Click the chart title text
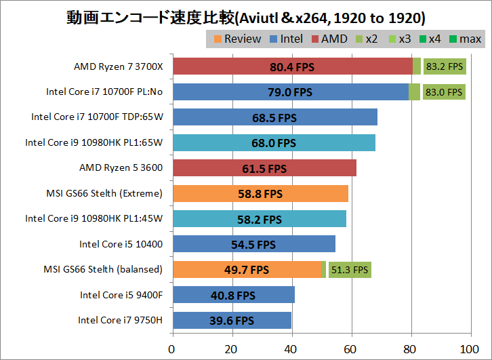tap(246, 16)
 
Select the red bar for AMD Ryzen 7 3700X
tap(293, 66)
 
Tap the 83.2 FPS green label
tap(444, 66)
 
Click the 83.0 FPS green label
tap(444, 92)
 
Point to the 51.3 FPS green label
tap(349, 270)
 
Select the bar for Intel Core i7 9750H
tap(232, 320)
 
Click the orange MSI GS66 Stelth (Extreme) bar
tap(261, 193)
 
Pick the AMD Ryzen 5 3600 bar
tap(264, 168)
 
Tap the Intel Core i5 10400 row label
tap(121, 244)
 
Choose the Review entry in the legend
tap(237, 39)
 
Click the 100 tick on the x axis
tap(468, 349)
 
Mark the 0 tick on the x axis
tap(173, 349)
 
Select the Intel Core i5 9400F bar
tap(234, 295)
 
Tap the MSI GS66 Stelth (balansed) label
tap(102, 269)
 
